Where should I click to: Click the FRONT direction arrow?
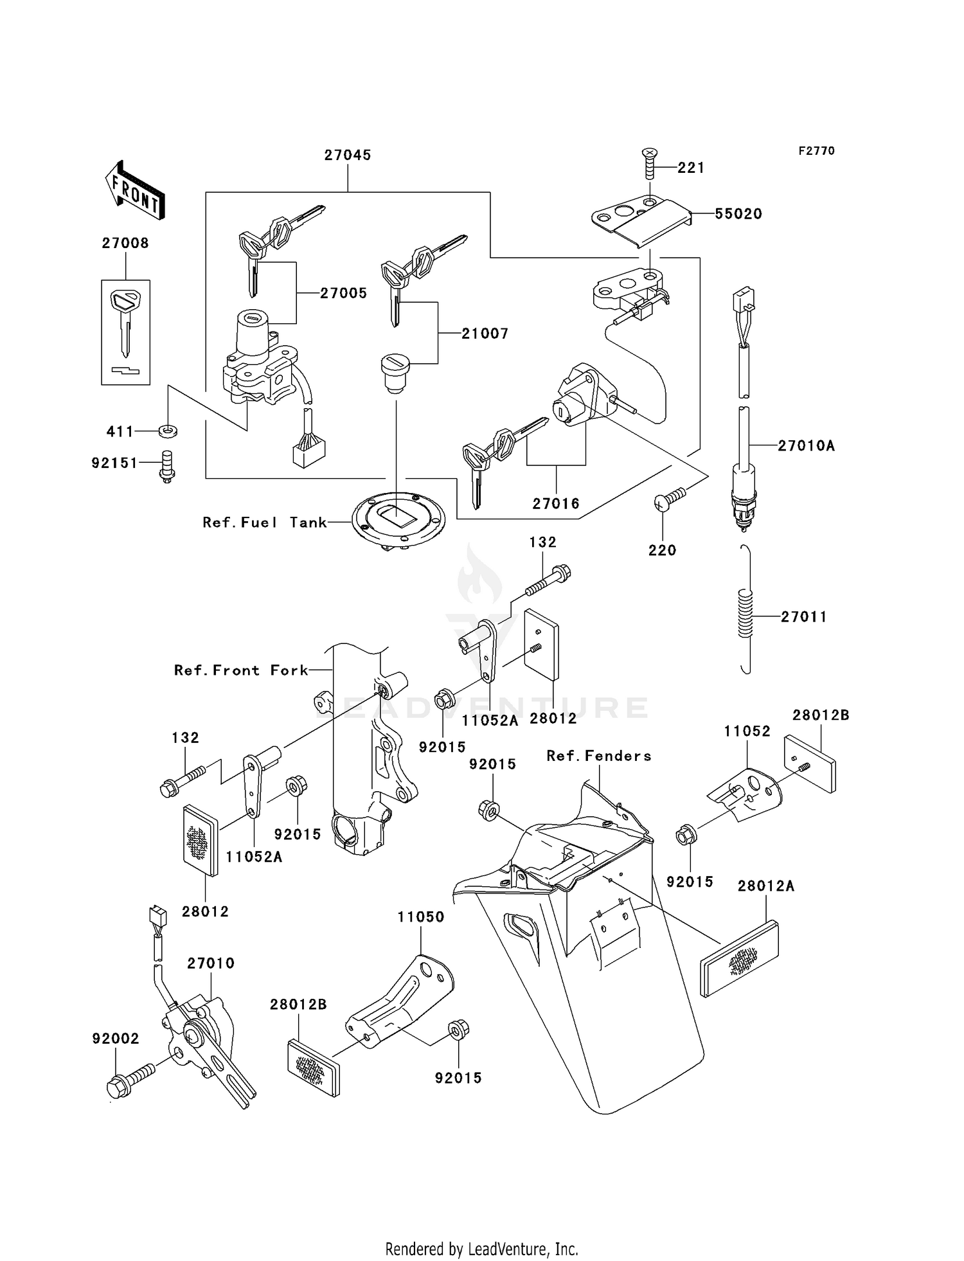134,191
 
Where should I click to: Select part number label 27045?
347,155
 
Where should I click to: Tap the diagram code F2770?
816,151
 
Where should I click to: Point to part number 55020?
738,214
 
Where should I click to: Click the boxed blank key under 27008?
125,325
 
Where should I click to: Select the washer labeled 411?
168,430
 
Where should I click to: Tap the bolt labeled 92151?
167,465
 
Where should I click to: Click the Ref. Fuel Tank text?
264,523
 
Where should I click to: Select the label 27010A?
806,445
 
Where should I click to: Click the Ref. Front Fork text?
241,670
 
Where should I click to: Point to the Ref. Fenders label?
599,756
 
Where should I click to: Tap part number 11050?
420,917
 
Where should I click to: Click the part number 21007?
485,334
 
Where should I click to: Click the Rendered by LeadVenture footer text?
481,1249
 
